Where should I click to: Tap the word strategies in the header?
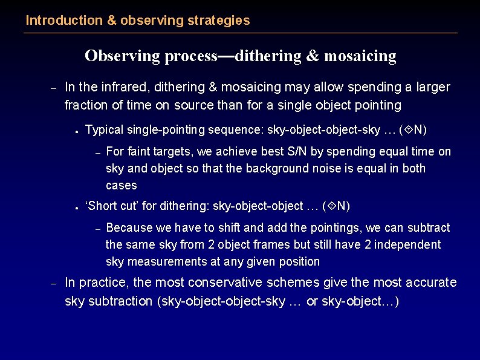219,21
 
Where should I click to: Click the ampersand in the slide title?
312,56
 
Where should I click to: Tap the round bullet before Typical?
78,131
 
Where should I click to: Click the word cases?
122,185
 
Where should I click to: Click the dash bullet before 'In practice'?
53,283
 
